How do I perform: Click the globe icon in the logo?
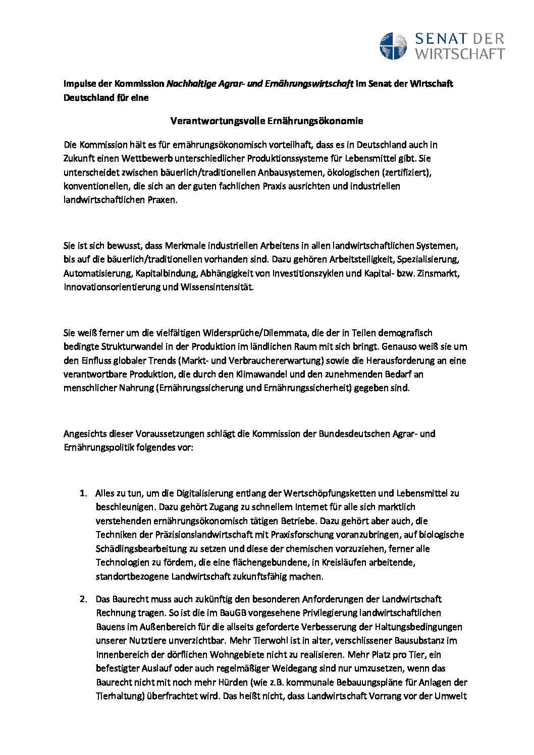(x=393, y=45)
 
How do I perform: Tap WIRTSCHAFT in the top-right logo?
(x=459, y=53)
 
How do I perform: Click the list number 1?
(x=82, y=493)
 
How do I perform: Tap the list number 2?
(x=82, y=599)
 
